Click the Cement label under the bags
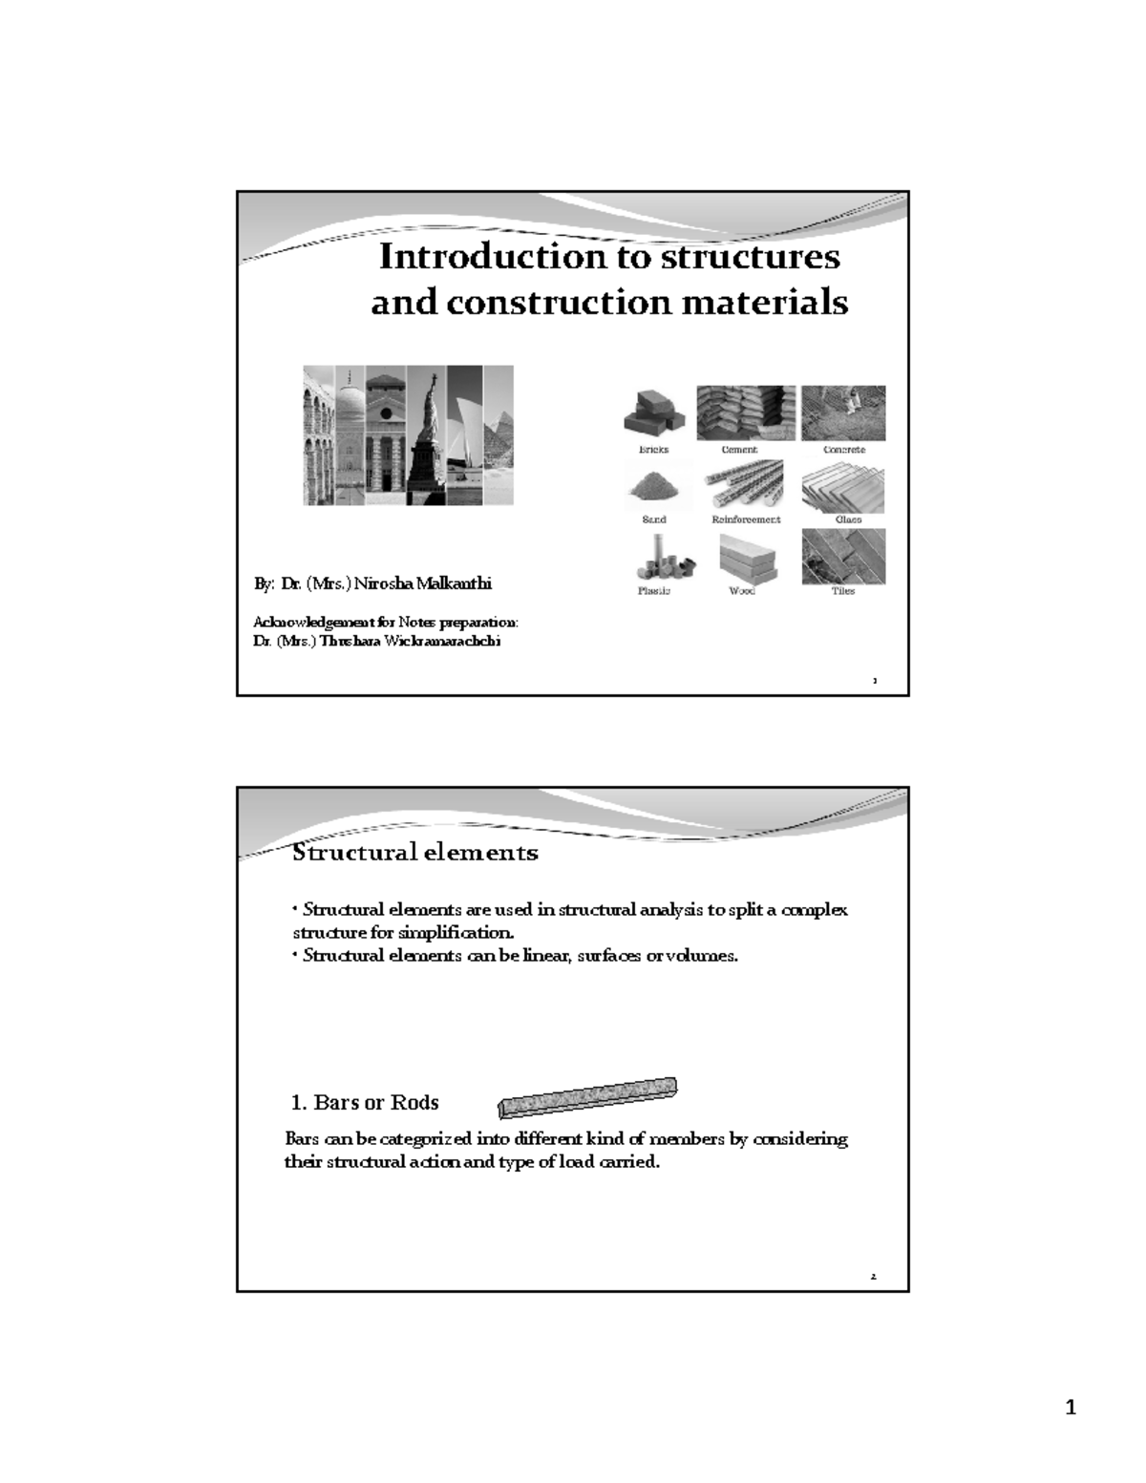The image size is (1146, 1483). pos(739,450)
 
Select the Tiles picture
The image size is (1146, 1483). pos(843,557)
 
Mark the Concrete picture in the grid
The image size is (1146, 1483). pos(843,413)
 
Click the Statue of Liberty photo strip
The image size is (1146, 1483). pos(427,435)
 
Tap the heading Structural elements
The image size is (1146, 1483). pos(414,852)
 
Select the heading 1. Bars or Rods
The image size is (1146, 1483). pos(365,1103)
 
